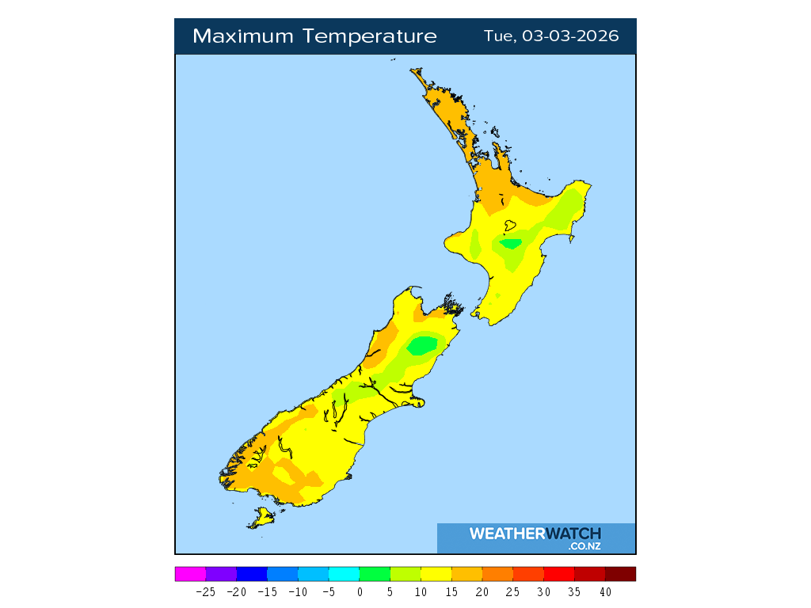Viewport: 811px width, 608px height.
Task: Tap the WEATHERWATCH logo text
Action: click(x=535, y=534)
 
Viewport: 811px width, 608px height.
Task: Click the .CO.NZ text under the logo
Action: click(x=584, y=546)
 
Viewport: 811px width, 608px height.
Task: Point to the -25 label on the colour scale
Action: click(x=206, y=591)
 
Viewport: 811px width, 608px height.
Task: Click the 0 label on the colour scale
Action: click(x=360, y=591)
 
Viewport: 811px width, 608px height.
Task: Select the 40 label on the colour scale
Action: click(x=605, y=591)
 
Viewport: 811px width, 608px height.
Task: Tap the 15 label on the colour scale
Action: click(x=451, y=591)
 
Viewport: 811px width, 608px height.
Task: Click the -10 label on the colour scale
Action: click(x=298, y=591)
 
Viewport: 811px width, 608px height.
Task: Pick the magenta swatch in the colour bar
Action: click(x=190, y=574)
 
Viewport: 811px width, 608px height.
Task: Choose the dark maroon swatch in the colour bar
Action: click(x=620, y=574)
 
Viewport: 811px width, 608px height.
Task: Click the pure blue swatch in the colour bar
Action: click(x=252, y=574)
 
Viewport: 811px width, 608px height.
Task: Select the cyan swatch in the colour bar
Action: click(x=344, y=574)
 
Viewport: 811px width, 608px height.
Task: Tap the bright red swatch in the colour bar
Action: click(x=559, y=574)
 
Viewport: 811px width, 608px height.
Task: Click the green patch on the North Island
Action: click(x=511, y=244)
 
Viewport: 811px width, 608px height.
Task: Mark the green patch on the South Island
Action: click(x=422, y=345)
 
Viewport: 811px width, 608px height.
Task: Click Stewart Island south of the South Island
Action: click(x=262, y=519)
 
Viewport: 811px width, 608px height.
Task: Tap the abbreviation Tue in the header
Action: click(x=499, y=36)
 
